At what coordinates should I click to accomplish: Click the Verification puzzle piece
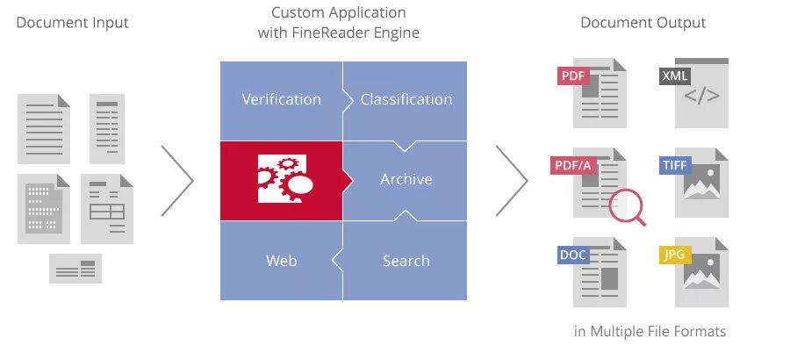point(281,99)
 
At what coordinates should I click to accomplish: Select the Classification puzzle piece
point(406,99)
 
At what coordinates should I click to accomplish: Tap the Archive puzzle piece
point(406,179)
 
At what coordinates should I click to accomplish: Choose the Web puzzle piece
point(281,261)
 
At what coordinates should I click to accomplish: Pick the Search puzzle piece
point(406,261)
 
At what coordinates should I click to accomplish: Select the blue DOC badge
point(572,256)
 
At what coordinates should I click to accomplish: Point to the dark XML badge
point(674,76)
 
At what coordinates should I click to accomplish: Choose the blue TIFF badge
point(675,165)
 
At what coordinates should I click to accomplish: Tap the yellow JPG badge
point(674,256)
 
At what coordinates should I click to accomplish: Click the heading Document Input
point(72,23)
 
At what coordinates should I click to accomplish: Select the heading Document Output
point(643,23)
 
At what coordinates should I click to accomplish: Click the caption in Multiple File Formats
point(650,331)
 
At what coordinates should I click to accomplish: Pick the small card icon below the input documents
point(75,269)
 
